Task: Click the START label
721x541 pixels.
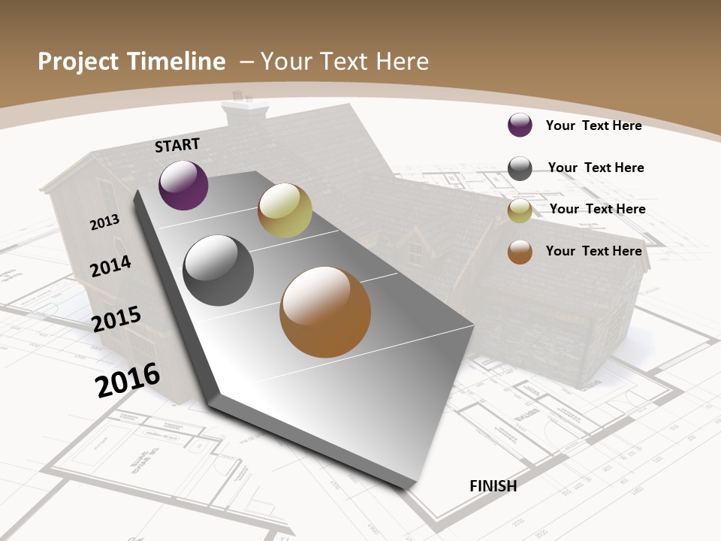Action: pyautogui.click(x=177, y=145)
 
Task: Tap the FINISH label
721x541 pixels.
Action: pyautogui.click(x=493, y=486)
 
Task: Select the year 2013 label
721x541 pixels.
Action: pyautogui.click(x=104, y=222)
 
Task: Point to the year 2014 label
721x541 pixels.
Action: pyautogui.click(x=110, y=266)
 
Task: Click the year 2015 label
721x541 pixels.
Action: pyautogui.click(x=116, y=319)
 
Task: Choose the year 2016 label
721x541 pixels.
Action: pyautogui.click(x=128, y=379)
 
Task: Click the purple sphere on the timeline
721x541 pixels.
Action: pyautogui.click(x=183, y=185)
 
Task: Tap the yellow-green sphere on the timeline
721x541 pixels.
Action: pyautogui.click(x=285, y=210)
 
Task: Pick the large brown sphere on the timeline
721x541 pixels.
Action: pyautogui.click(x=325, y=312)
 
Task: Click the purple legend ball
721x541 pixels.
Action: pyautogui.click(x=520, y=125)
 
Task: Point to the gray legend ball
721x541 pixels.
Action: pyautogui.click(x=520, y=168)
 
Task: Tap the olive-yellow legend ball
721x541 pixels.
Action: pyautogui.click(x=520, y=211)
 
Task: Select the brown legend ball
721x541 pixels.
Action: pyautogui.click(x=520, y=252)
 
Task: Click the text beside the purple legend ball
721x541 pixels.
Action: pyautogui.click(x=593, y=125)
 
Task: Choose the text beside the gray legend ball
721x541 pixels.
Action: pyautogui.click(x=596, y=168)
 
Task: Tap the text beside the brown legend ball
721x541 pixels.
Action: pyautogui.click(x=593, y=251)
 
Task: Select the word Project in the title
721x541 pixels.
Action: pyautogui.click(x=77, y=62)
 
